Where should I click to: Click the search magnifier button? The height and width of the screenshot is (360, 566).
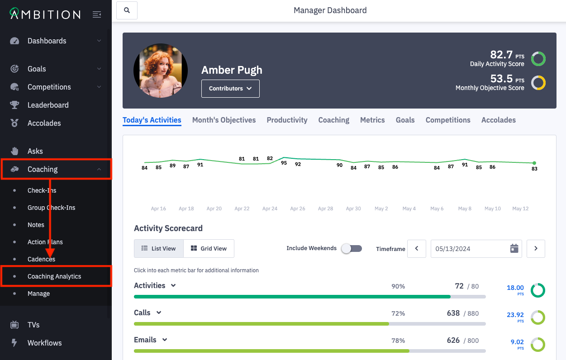(127, 10)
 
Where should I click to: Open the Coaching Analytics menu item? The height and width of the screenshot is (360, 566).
(54, 276)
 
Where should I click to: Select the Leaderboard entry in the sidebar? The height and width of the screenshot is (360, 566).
(48, 105)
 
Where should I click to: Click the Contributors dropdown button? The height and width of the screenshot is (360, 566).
(230, 89)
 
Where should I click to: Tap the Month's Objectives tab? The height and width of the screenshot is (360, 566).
(224, 120)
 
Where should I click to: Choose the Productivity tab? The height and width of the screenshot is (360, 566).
(287, 120)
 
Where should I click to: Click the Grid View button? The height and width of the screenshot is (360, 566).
(209, 248)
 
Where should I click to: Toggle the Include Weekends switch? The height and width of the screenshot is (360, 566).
(352, 248)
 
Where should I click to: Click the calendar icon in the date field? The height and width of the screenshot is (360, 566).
(514, 248)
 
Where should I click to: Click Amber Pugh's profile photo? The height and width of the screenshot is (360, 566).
(161, 71)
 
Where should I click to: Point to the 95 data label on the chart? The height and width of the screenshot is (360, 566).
(284, 163)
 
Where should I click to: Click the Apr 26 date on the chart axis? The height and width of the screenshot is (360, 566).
(298, 208)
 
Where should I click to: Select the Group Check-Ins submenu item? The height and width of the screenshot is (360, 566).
(51, 208)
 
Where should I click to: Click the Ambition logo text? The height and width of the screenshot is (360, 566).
(45, 14)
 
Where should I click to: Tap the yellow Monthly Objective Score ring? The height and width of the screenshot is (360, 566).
(538, 83)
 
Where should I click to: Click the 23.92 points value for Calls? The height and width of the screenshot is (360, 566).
(515, 315)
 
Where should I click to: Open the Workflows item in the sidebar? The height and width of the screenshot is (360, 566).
(44, 343)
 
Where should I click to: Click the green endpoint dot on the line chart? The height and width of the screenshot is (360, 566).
(534, 163)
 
